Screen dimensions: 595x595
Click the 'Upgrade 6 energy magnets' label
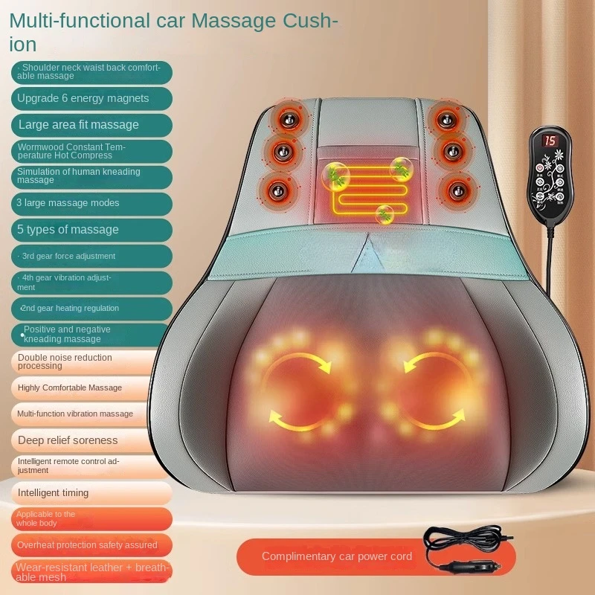tap(83, 98)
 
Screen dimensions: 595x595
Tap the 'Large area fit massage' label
tap(79, 124)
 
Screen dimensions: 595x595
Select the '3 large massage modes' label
tap(68, 203)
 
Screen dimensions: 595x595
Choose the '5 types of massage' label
tap(68, 230)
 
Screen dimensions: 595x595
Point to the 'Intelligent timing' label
tap(54, 492)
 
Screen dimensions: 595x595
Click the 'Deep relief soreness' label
tap(68, 440)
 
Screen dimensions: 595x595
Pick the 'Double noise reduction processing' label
tap(65, 361)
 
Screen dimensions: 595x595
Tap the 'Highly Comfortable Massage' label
tap(70, 387)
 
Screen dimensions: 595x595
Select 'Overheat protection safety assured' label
tap(88, 544)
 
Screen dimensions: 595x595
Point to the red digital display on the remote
tap(550, 141)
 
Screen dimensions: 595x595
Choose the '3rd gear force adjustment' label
tap(68, 256)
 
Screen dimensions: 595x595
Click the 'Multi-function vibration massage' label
tap(76, 414)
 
